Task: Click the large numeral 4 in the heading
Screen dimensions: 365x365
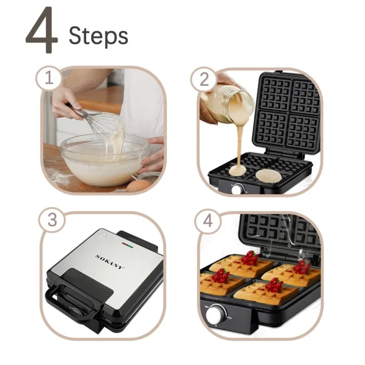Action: click(x=42, y=30)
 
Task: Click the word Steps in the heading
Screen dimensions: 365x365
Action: click(x=98, y=35)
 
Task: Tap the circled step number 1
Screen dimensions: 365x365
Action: click(x=49, y=78)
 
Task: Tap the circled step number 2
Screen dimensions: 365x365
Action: click(x=204, y=80)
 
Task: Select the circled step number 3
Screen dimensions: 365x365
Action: click(x=52, y=220)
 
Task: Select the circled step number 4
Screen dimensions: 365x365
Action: click(x=208, y=221)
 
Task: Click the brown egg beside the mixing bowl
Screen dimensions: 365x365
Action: click(x=138, y=186)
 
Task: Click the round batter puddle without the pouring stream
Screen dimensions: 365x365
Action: click(x=268, y=175)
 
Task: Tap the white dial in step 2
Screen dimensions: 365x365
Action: click(x=237, y=189)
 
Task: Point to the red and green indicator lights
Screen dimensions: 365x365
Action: click(x=127, y=245)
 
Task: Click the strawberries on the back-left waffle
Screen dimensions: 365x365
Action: click(x=249, y=258)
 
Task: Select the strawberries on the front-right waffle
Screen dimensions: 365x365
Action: click(x=274, y=284)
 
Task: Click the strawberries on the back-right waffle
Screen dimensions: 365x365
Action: click(x=302, y=267)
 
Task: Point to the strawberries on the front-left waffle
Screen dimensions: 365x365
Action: click(x=220, y=275)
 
